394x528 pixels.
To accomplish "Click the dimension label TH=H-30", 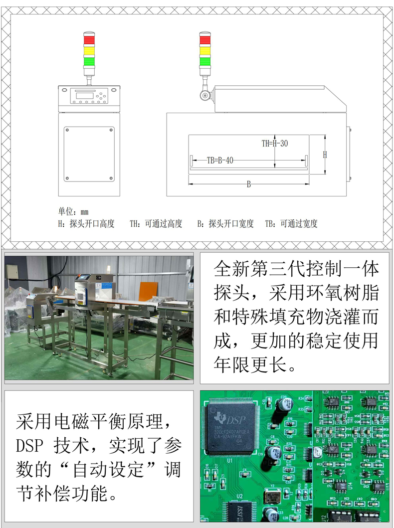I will click(x=275, y=144).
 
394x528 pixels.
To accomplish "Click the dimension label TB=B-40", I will click(x=220, y=161).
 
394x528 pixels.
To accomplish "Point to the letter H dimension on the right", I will click(x=325, y=155).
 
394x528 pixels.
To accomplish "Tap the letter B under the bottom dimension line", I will click(x=249, y=184).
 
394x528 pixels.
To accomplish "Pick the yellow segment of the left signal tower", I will click(x=88, y=50).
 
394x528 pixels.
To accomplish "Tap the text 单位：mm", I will click(x=73, y=212).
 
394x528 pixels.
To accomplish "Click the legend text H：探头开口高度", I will click(x=86, y=224).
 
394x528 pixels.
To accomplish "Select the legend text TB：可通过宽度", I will click(x=291, y=224).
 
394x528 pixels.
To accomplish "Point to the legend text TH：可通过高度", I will click(x=156, y=224).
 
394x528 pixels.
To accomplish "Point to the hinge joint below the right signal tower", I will click(x=204, y=94).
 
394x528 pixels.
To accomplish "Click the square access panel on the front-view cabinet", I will click(x=89, y=154).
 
